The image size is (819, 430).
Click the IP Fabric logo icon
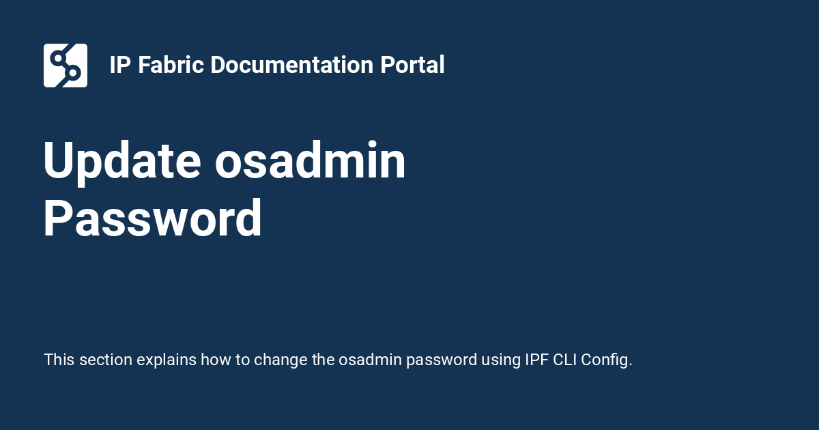pos(66,66)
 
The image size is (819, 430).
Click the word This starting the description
pos(59,360)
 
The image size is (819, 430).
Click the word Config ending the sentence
pos(607,360)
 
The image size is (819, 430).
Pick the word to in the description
pos(243,360)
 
